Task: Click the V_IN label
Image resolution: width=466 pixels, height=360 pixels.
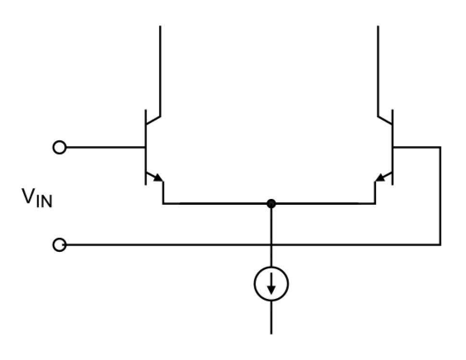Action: click(37, 198)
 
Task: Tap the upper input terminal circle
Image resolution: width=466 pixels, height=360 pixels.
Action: click(60, 148)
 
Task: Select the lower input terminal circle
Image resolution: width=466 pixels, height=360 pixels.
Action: click(60, 245)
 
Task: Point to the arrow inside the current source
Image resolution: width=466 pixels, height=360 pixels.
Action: click(271, 284)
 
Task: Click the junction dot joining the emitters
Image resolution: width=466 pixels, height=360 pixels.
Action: click(271, 204)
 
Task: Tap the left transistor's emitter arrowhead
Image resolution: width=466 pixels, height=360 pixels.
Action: click(159, 177)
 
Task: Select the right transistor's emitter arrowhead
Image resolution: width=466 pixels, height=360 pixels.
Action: click(380, 177)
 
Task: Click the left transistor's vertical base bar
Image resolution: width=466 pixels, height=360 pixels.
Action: click(146, 147)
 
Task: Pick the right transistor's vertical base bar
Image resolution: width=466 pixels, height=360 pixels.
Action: click(392, 147)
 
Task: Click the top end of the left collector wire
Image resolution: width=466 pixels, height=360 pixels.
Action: click(160, 26)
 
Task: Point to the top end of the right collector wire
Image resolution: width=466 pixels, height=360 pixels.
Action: click(378, 26)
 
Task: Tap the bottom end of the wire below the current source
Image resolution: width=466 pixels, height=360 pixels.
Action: click(271, 334)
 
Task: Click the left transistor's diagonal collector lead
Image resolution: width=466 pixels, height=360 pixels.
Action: click(153, 120)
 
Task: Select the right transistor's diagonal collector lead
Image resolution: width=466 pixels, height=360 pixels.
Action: click(385, 120)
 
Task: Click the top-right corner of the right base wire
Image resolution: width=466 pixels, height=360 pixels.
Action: click(440, 147)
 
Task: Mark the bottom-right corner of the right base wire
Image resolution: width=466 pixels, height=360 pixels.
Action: click(440, 245)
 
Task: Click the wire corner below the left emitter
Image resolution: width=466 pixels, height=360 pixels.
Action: click(163, 204)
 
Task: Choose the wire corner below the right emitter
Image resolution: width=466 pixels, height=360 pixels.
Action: click(375, 204)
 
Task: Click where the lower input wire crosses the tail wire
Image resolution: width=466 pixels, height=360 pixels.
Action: click(271, 245)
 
